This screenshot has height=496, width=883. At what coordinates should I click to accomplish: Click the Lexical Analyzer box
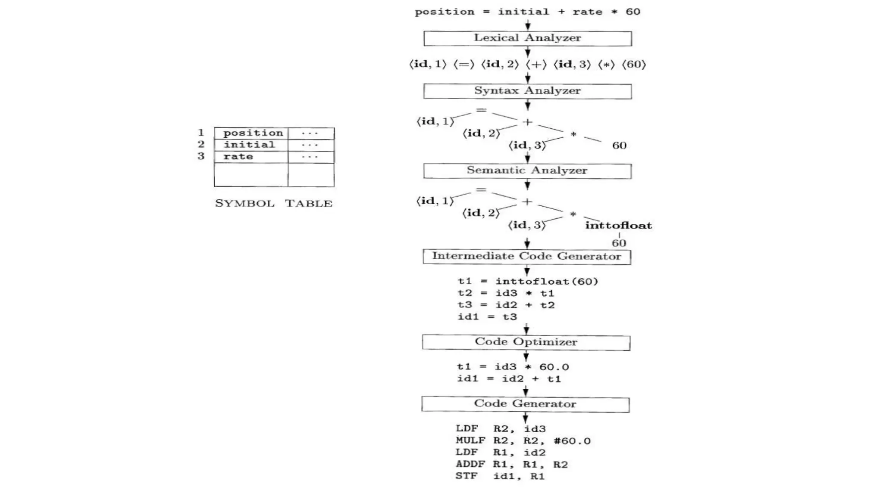click(527, 38)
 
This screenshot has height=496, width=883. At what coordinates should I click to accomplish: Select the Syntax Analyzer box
click(527, 91)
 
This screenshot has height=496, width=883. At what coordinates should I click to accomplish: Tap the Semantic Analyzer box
click(527, 170)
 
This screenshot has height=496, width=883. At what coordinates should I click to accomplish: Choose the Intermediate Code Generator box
click(526, 256)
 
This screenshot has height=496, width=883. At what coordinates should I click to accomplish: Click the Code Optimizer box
click(526, 342)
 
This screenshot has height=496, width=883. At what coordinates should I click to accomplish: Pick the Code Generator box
click(525, 404)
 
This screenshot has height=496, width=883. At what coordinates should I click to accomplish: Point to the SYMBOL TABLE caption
click(274, 203)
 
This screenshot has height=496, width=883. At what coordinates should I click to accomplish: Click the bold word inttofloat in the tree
click(618, 225)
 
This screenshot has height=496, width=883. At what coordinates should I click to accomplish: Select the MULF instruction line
click(523, 441)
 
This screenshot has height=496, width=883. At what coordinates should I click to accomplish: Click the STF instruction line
click(500, 476)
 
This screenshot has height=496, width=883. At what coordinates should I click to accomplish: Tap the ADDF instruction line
click(511, 465)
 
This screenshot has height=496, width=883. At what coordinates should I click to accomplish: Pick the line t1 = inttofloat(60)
click(528, 282)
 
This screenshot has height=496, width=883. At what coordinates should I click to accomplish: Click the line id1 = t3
click(487, 317)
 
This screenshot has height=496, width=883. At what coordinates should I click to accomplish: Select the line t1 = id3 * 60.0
click(513, 367)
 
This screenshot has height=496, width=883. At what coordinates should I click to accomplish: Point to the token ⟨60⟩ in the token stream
click(634, 65)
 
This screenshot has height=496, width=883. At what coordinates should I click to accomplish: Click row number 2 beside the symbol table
click(201, 144)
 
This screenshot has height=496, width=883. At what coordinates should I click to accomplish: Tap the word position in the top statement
click(444, 12)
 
